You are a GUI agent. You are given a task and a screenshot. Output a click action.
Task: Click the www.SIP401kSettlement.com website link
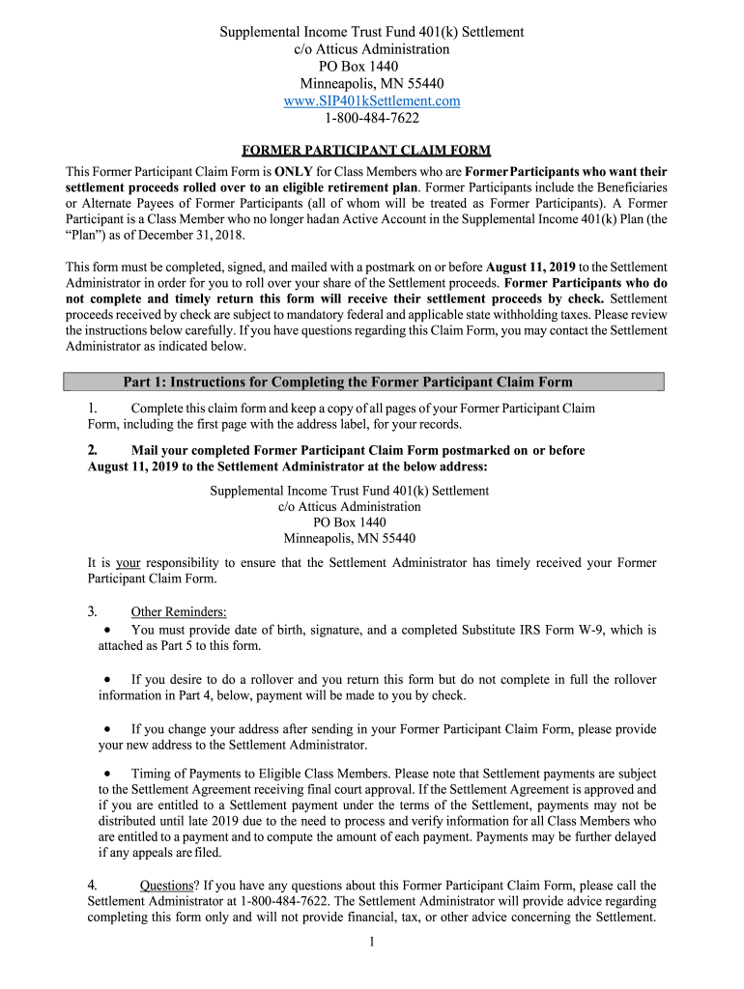point(372,100)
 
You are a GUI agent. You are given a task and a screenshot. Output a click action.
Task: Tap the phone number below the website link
point(372,118)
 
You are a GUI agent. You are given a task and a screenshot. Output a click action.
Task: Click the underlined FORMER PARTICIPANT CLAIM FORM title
point(365,150)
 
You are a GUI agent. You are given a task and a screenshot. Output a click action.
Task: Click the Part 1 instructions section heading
point(348,381)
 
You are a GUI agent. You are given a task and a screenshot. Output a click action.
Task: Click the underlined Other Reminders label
point(179,611)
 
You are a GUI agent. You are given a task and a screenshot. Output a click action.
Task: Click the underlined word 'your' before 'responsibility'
point(129,562)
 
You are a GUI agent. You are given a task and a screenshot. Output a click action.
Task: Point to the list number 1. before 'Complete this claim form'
point(92,408)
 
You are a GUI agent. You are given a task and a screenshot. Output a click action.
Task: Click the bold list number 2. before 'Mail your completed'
point(93,450)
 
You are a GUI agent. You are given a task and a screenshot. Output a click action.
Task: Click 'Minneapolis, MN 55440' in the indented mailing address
point(350,538)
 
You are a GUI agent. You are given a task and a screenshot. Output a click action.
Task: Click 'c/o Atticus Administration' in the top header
point(372,48)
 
